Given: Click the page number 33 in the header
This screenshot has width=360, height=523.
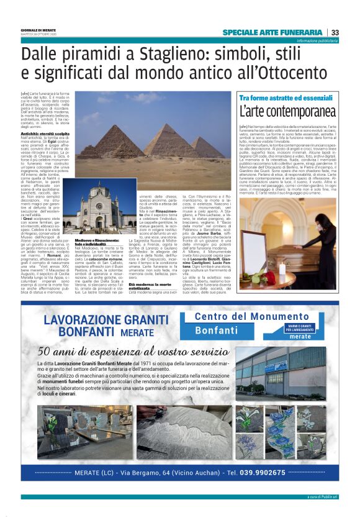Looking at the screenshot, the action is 335,32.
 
